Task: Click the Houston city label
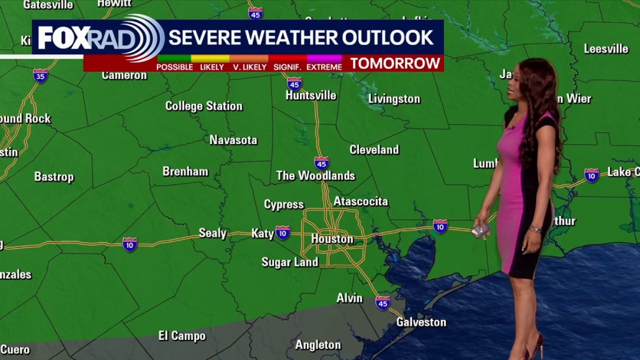click(332, 239)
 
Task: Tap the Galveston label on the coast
click(421, 322)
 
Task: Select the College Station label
click(203, 106)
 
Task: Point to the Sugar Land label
click(289, 262)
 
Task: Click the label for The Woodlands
click(315, 175)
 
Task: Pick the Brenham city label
click(185, 171)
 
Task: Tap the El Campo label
click(182, 336)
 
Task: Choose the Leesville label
click(606, 49)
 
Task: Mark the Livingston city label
click(394, 99)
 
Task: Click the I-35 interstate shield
click(40, 75)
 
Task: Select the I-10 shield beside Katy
click(282, 232)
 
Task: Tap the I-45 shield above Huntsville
click(294, 83)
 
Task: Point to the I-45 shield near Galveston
click(382, 302)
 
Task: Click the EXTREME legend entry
click(324, 67)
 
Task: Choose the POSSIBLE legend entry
click(174, 67)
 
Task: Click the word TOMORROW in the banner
click(395, 63)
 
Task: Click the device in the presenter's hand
click(480, 230)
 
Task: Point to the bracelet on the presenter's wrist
click(535, 229)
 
